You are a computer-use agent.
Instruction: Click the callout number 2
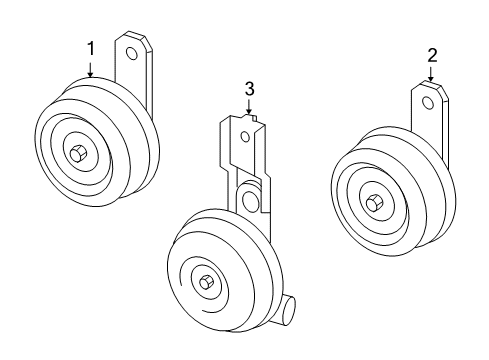coord(431,55)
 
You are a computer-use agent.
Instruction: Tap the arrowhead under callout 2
coord(431,80)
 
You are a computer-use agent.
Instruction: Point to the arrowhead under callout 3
coord(249,118)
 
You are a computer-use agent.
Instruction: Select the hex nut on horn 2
coord(372,203)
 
